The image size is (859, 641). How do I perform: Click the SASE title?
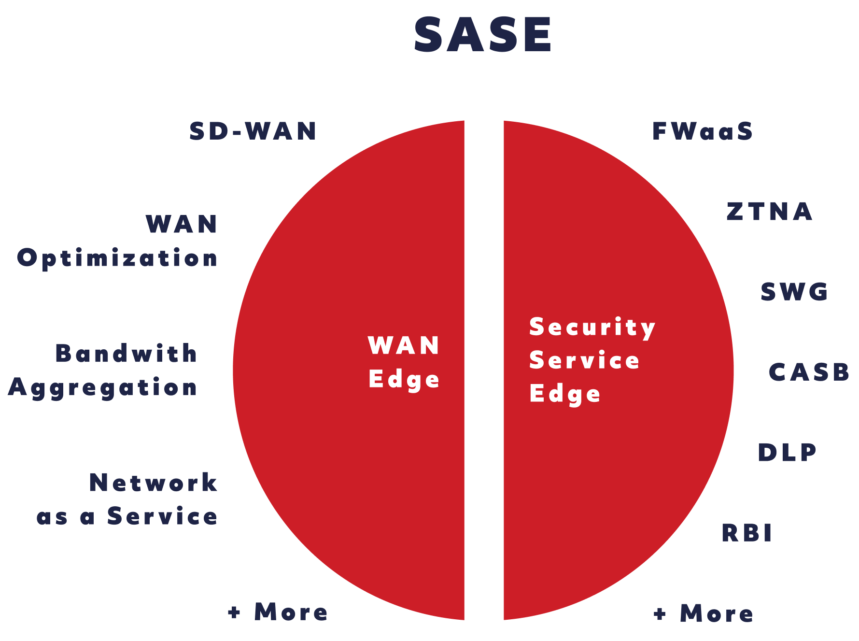click(x=483, y=35)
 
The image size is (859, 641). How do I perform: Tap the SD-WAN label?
click(x=253, y=131)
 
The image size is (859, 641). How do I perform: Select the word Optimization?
click(x=117, y=258)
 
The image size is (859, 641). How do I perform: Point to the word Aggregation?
click(x=103, y=388)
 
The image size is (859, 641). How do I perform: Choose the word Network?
click(x=154, y=483)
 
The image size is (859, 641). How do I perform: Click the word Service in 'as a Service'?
click(x=162, y=516)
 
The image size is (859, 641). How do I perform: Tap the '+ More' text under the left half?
click(x=278, y=612)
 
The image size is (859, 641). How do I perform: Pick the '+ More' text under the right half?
click(x=703, y=613)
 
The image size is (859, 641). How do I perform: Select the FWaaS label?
click(x=702, y=131)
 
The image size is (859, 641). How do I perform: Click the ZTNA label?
click(x=770, y=212)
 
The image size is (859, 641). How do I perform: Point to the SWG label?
click(x=794, y=292)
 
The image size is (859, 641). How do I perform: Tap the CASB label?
click(x=809, y=372)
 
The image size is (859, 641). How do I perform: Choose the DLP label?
click(x=787, y=452)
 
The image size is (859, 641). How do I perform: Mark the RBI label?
click(x=746, y=533)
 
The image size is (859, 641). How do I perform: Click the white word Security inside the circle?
click(x=592, y=328)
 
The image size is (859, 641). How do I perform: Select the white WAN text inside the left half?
click(x=404, y=345)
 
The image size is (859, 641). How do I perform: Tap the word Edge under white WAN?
click(x=404, y=380)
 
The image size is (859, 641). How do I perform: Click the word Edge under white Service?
click(x=565, y=395)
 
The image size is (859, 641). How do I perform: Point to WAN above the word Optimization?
click(x=182, y=224)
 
